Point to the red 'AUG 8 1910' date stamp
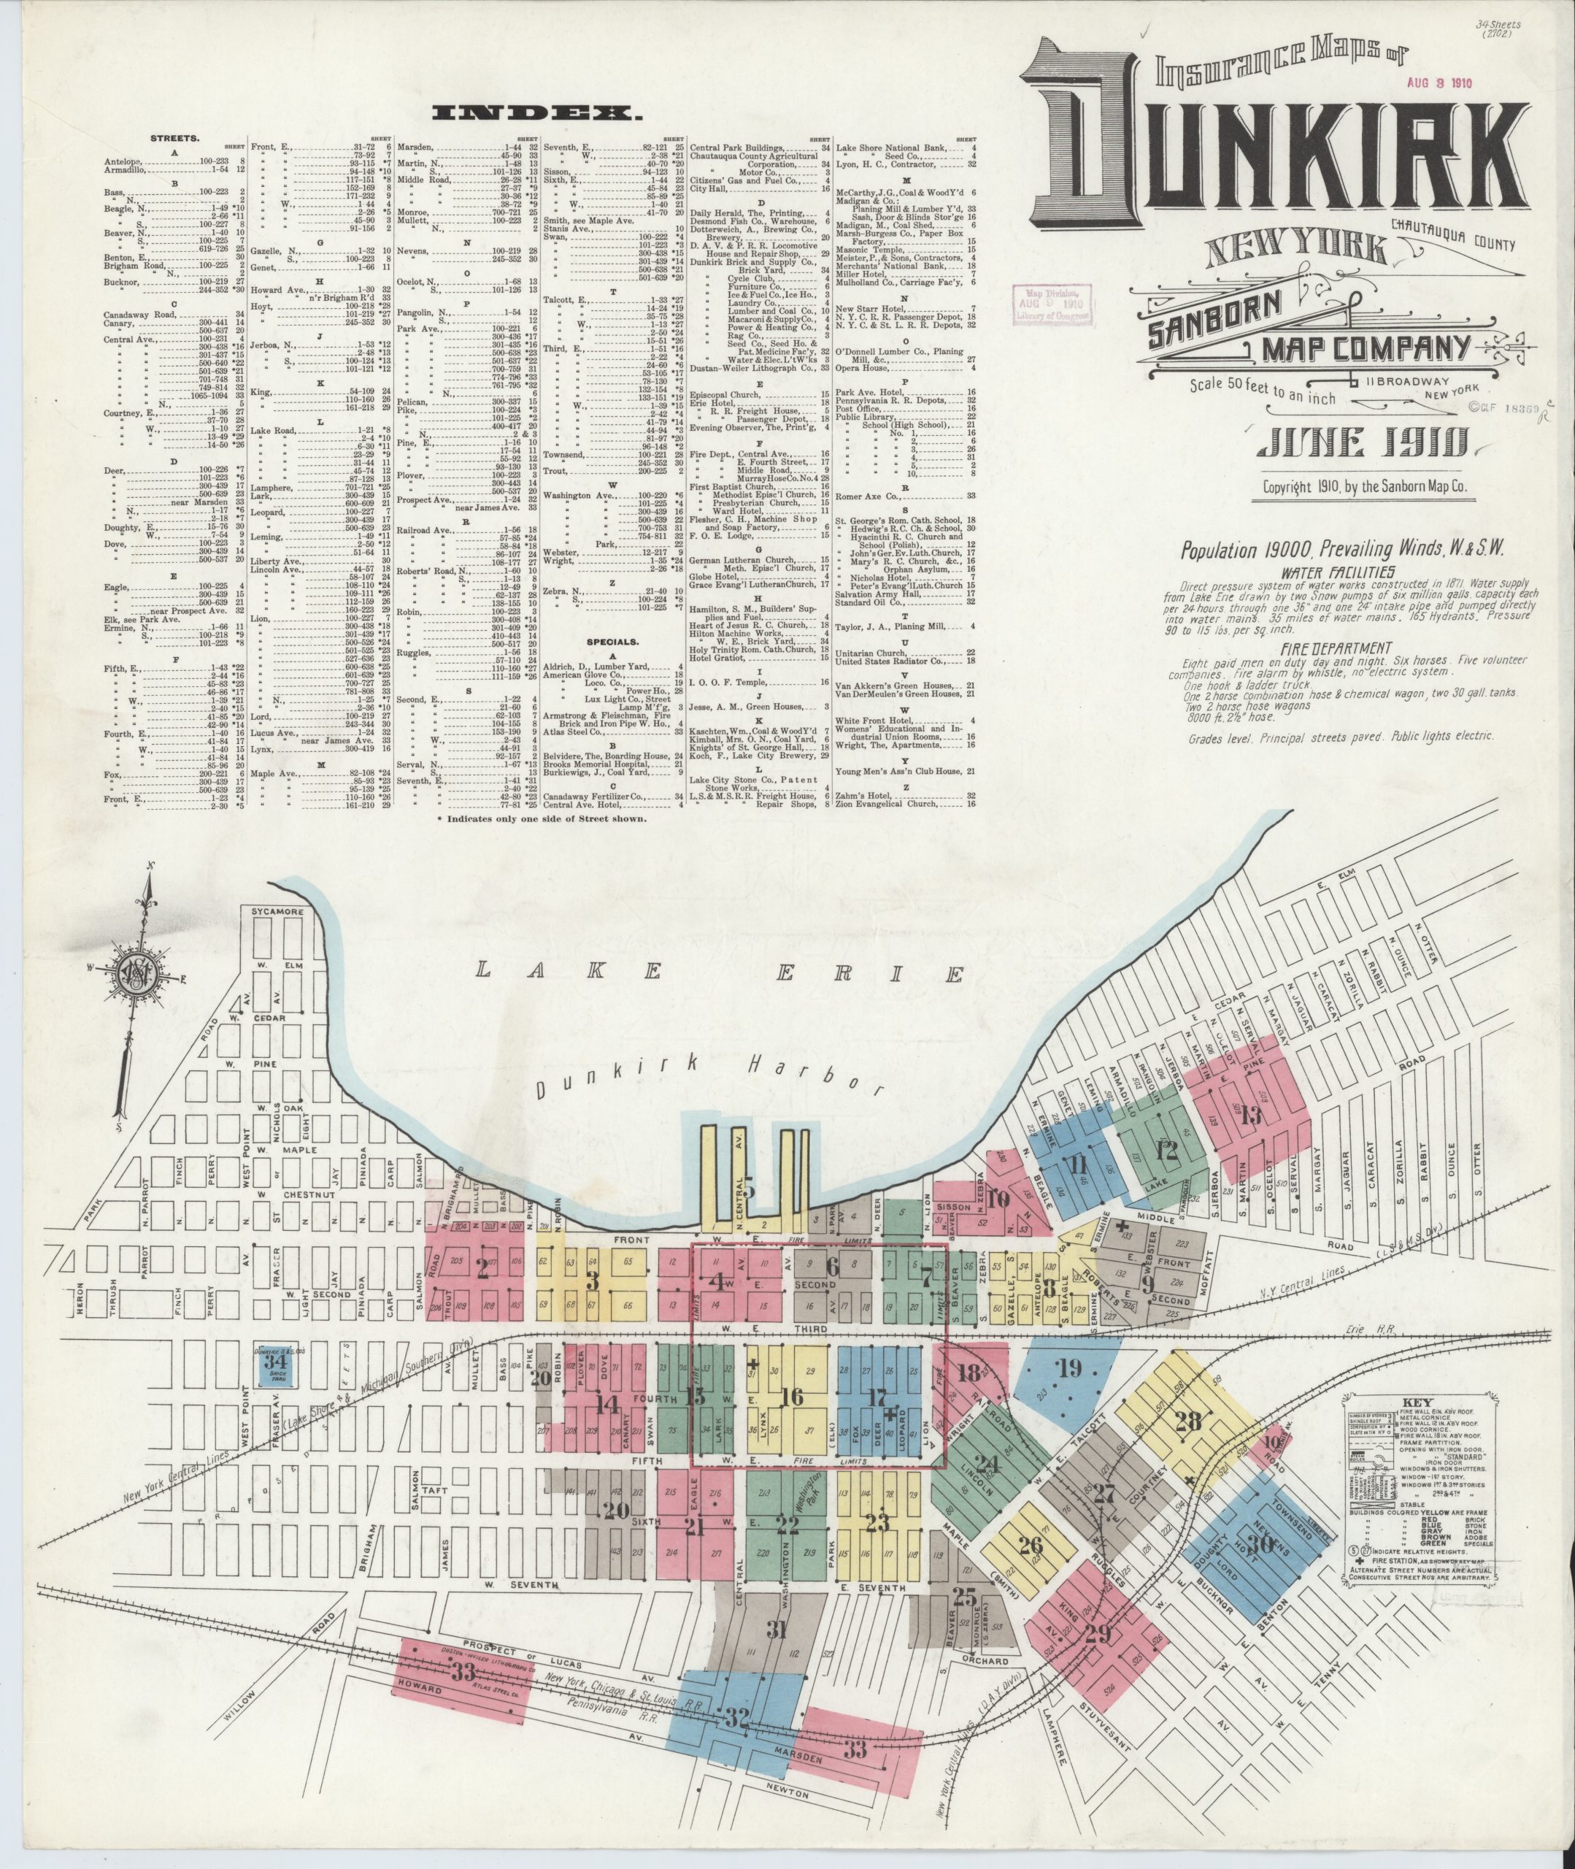pyautogui.click(x=1439, y=82)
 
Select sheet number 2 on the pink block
pyautogui.click(x=483, y=1270)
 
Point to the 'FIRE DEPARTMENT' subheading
pyautogui.click(x=1336, y=648)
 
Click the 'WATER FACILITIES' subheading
pyautogui.click(x=1336, y=572)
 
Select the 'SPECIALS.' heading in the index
pyautogui.click(x=612, y=640)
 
